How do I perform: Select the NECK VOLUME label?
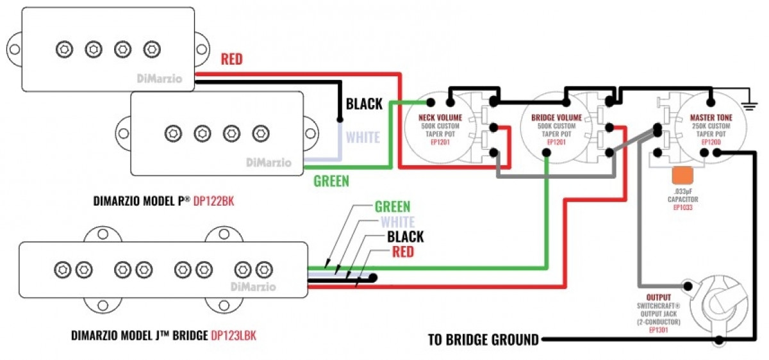click(x=440, y=118)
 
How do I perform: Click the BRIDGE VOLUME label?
click(x=557, y=118)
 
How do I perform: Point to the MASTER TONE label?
click(x=711, y=118)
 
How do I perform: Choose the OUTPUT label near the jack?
click(x=658, y=298)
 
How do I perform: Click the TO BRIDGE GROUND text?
click(x=483, y=340)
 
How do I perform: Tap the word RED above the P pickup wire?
click(x=232, y=60)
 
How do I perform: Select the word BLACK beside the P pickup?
click(x=364, y=104)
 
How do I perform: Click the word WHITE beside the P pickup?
click(x=363, y=137)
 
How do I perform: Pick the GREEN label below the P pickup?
click(x=331, y=181)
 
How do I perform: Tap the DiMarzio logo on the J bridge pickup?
click(x=252, y=286)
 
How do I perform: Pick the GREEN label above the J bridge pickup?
click(x=393, y=207)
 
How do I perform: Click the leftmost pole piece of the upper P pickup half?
click(x=63, y=49)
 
